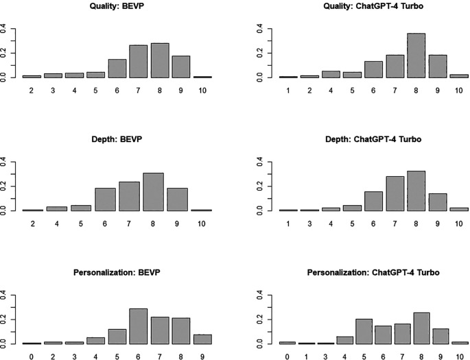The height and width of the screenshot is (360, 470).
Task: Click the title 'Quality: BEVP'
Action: pyautogui.click(x=117, y=6)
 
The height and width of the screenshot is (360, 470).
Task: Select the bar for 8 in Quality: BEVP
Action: pyautogui.click(x=160, y=60)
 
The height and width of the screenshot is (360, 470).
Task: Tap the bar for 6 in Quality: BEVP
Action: pyautogui.click(x=117, y=69)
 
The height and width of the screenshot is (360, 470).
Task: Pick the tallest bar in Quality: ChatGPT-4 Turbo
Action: pyautogui.click(x=416, y=56)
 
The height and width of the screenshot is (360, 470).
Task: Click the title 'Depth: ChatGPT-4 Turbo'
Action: pyautogui.click(x=373, y=139)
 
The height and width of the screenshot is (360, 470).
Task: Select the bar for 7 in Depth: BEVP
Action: pyautogui.click(x=129, y=197)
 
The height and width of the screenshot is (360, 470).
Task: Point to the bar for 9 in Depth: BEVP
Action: pyautogui.click(x=177, y=200)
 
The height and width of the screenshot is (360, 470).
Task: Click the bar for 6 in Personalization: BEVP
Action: pyautogui.click(x=138, y=326)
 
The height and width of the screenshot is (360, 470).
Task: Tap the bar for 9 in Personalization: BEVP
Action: pyautogui.click(x=202, y=339)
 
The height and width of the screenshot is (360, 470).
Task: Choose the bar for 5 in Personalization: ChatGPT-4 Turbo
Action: pyautogui.click(x=364, y=332)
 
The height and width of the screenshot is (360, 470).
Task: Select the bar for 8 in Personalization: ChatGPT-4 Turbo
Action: pyautogui.click(x=421, y=328)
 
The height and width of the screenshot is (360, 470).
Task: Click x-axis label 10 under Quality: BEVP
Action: pyautogui.click(x=202, y=90)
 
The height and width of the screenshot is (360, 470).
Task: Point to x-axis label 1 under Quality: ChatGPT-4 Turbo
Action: pyautogui.click(x=288, y=90)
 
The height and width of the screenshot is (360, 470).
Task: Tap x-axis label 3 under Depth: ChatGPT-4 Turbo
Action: pyautogui.click(x=309, y=224)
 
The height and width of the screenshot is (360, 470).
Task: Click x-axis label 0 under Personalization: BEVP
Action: pyautogui.click(x=32, y=357)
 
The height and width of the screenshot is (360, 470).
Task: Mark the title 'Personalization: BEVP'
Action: pyautogui.click(x=117, y=272)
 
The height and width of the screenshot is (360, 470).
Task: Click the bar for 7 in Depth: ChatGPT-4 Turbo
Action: pyautogui.click(x=395, y=193)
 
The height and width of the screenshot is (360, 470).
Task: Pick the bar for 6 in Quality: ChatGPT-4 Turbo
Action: pyautogui.click(x=373, y=69)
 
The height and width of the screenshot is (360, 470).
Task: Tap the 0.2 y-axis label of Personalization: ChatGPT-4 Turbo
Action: pyautogui.click(x=259, y=320)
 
